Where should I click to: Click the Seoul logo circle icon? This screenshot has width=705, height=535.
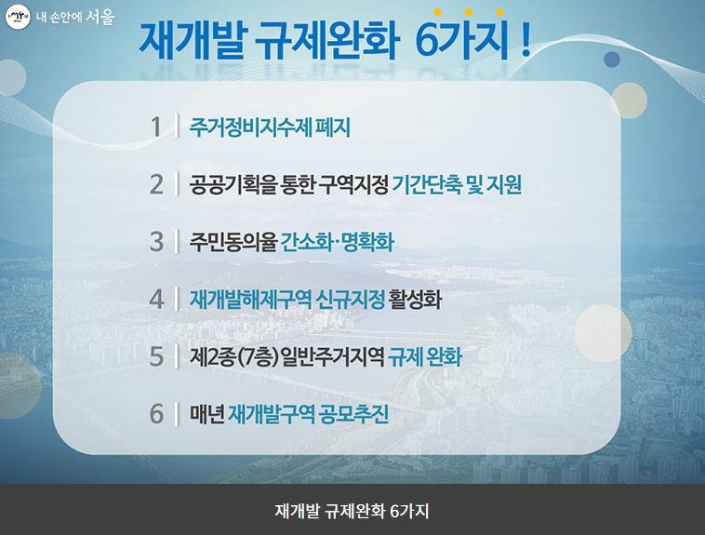(x=18, y=18)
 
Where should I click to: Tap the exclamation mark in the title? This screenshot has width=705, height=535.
(x=525, y=41)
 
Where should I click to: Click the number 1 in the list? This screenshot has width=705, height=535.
(x=156, y=127)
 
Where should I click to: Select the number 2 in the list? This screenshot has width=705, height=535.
(x=156, y=184)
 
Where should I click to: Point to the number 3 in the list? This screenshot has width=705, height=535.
(x=156, y=242)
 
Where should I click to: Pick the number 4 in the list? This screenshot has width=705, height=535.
(x=156, y=300)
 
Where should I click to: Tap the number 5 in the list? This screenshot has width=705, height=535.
(x=156, y=356)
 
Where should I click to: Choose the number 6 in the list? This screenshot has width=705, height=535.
(x=156, y=414)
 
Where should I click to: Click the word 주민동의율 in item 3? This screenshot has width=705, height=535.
(x=233, y=242)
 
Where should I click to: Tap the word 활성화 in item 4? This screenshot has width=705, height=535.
(x=415, y=300)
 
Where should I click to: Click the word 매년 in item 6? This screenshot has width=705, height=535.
(x=206, y=414)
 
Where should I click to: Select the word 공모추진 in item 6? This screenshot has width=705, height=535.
(x=353, y=414)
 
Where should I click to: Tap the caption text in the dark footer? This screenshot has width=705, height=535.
(x=352, y=511)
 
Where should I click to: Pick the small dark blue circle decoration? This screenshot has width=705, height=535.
(x=611, y=59)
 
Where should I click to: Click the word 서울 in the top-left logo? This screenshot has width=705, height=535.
(x=100, y=17)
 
